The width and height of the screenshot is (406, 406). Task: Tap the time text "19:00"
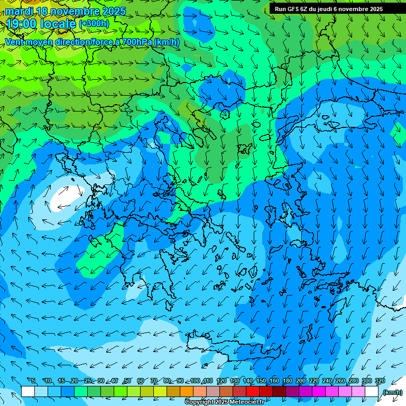(x=23, y=24)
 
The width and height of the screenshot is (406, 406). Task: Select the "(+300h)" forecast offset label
(x=94, y=24)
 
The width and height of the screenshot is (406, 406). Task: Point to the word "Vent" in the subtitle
(x=15, y=42)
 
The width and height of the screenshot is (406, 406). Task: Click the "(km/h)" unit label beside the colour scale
(x=392, y=392)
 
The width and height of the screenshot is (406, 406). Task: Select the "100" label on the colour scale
(x=195, y=381)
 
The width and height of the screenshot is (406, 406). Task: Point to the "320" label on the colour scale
(x=380, y=381)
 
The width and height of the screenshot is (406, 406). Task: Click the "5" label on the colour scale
(x=34, y=381)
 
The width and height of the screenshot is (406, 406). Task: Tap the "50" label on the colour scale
(x=127, y=381)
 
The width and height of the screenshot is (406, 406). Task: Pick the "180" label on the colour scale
(x=287, y=381)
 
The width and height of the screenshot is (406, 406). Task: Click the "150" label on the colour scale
(x=261, y=381)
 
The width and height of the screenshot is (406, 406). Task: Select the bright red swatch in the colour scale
(x=252, y=392)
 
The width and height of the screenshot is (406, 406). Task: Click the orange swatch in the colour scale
(x=186, y=392)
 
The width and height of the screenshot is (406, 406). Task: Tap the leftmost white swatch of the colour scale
(x=28, y=392)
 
